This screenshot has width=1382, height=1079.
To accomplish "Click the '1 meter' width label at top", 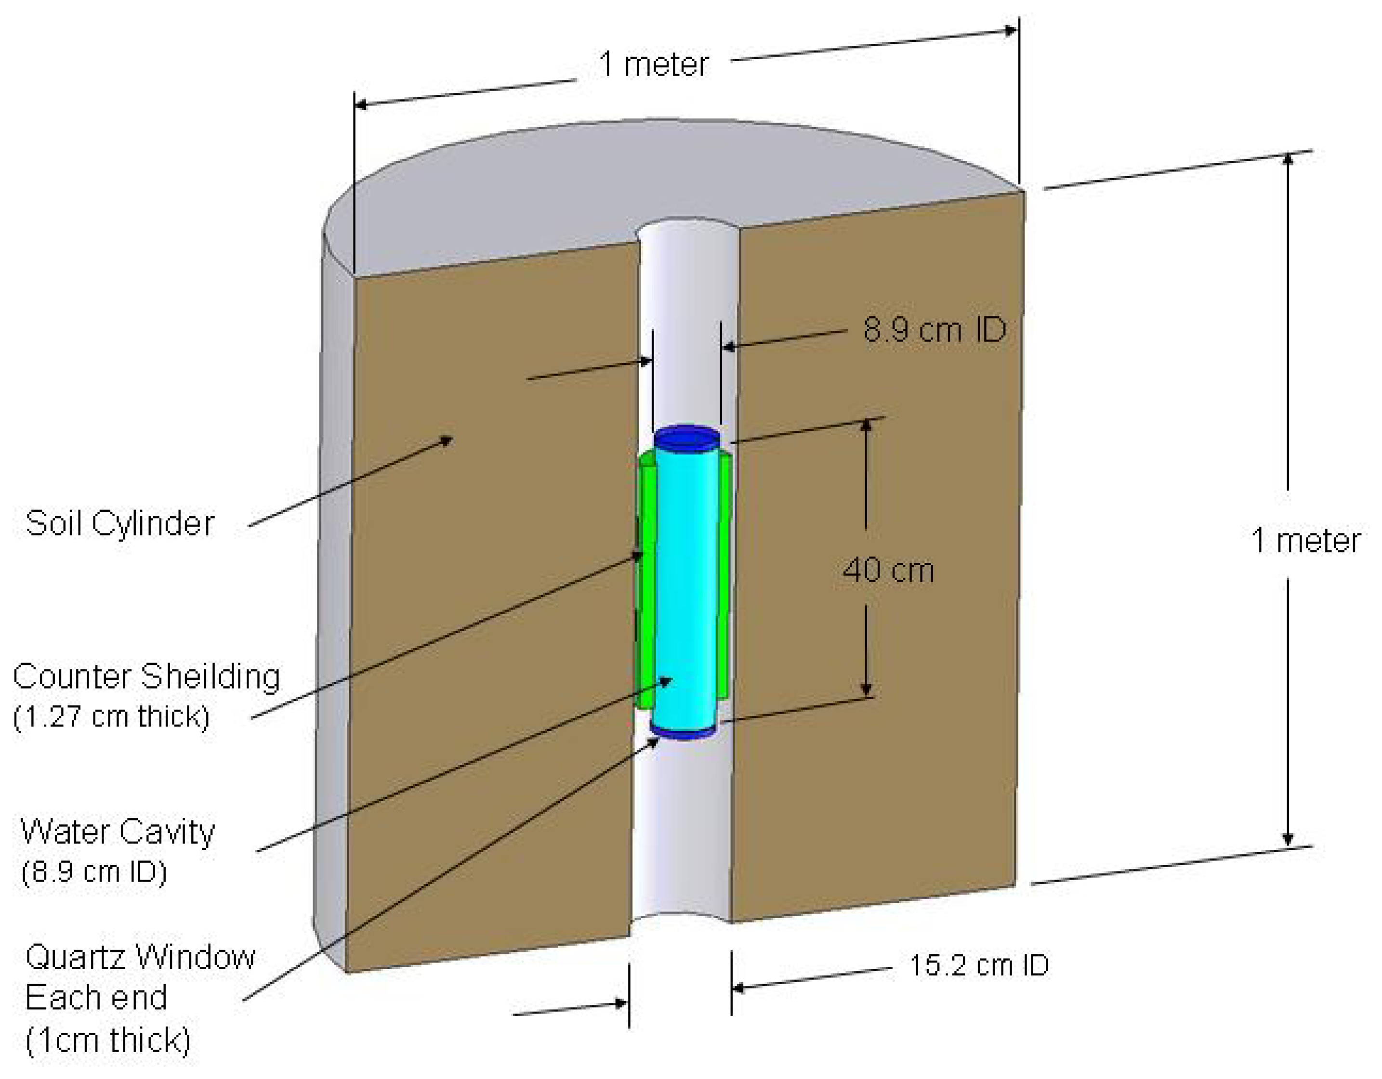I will (x=653, y=65).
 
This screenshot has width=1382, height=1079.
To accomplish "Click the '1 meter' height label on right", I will (x=1305, y=541).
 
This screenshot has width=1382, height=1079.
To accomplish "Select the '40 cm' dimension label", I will (x=888, y=571).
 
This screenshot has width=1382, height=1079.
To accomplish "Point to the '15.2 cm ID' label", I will (x=979, y=966).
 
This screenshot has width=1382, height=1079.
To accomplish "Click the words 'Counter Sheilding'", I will (x=146, y=677).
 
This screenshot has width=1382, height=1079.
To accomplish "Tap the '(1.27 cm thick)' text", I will (x=111, y=716).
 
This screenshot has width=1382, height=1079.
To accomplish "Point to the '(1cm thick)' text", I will (x=108, y=1040).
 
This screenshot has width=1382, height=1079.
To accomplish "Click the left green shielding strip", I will (x=645, y=582).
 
